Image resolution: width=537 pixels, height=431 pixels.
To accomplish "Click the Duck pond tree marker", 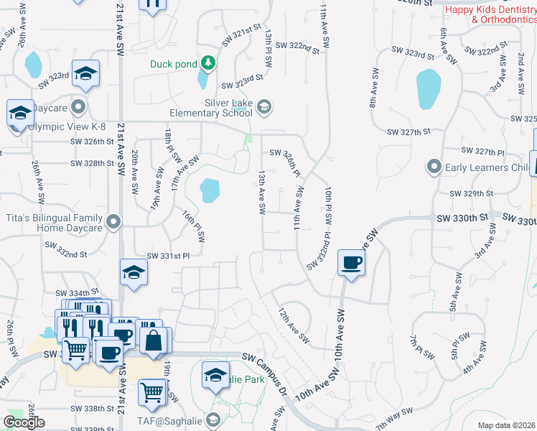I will [208, 64].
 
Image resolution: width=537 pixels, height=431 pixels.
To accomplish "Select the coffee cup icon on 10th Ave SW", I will [350, 263].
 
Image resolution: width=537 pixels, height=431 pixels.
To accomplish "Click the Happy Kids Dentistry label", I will [491, 14].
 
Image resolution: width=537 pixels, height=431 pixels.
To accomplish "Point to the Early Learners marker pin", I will [434, 167].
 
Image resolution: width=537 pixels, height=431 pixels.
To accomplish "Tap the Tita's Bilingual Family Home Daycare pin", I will [113, 223].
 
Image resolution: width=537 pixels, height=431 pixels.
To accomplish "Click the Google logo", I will [24, 422].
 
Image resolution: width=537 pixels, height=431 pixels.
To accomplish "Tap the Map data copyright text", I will [506, 425].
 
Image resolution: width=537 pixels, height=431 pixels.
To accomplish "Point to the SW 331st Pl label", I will [168, 256].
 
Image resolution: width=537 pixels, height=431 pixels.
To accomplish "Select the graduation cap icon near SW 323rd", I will [85, 74].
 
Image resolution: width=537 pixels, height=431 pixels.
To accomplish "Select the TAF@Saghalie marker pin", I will [213, 420].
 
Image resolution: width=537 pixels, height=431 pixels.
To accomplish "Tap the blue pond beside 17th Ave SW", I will [209, 190].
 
